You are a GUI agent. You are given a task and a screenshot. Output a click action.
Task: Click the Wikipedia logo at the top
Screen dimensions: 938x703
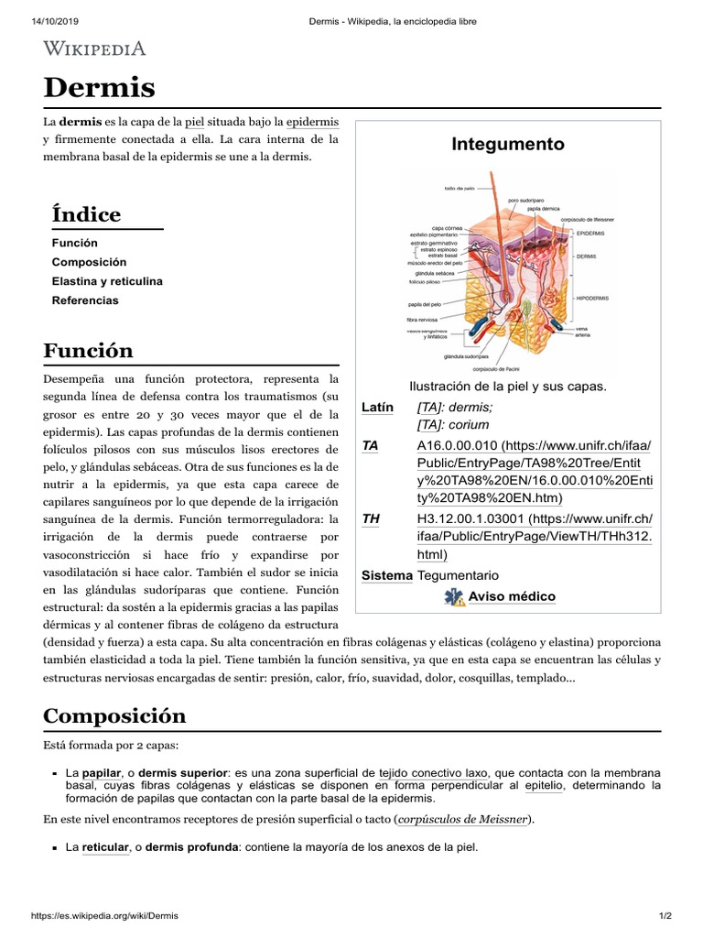click(x=94, y=49)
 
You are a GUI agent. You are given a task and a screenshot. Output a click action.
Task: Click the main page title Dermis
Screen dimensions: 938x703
click(x=100, y=88)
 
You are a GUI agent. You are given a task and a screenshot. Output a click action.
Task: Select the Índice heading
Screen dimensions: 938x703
click(x=86, y=214)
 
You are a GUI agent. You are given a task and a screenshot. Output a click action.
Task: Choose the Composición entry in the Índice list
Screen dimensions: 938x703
click(x=89, y=262)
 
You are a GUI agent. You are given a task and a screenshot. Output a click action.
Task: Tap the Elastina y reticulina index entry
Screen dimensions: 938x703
click(x=107, y=281)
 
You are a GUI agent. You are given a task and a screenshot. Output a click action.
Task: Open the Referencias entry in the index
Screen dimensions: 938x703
click(x=85, y=300)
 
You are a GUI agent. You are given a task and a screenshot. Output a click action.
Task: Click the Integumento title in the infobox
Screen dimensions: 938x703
click(x=507, y=145)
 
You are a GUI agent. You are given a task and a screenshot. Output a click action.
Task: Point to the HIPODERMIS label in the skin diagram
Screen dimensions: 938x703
click(x=592, y=298)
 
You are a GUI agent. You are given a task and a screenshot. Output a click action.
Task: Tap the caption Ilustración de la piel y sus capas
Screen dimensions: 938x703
click(x=507, y=386)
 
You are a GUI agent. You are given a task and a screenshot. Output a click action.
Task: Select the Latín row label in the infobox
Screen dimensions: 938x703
click(x=377, y=408)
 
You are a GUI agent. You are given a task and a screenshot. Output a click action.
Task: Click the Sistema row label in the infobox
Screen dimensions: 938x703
click(x=386, y=575)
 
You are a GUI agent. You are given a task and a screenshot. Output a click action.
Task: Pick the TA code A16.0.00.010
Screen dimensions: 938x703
click(x=449, y=445)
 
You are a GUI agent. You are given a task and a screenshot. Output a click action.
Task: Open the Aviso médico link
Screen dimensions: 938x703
click(x=512, y=596)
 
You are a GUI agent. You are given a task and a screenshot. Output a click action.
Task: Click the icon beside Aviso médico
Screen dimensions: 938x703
click(x=454, y=597)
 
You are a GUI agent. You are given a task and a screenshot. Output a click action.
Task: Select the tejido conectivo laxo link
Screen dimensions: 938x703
click(x=432, y=773)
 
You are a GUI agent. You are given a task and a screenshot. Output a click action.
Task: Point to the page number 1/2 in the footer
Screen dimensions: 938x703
click(x=665, y=916)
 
